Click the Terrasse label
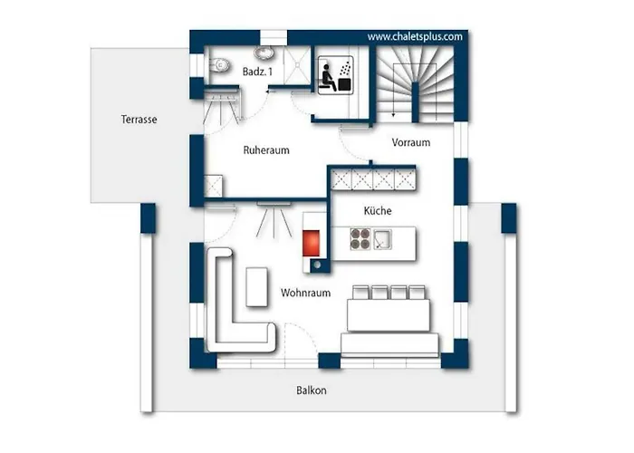click(139, 120)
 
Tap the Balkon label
click(312, 390)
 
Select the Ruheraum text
click(266, 150)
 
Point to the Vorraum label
click(411, 142)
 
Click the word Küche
click(378, 210)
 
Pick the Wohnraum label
click(306, 293)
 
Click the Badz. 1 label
click(257, 72)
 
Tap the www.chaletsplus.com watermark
click(415, 37)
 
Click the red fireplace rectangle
click(311, 243)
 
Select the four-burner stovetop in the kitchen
click(360, 239)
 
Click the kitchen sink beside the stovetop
click(382, 239)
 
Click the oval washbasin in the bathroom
click(264, 53)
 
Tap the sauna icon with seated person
click(335, 75)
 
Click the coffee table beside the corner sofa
click(256, 287)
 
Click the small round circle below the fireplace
click(318, 265)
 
